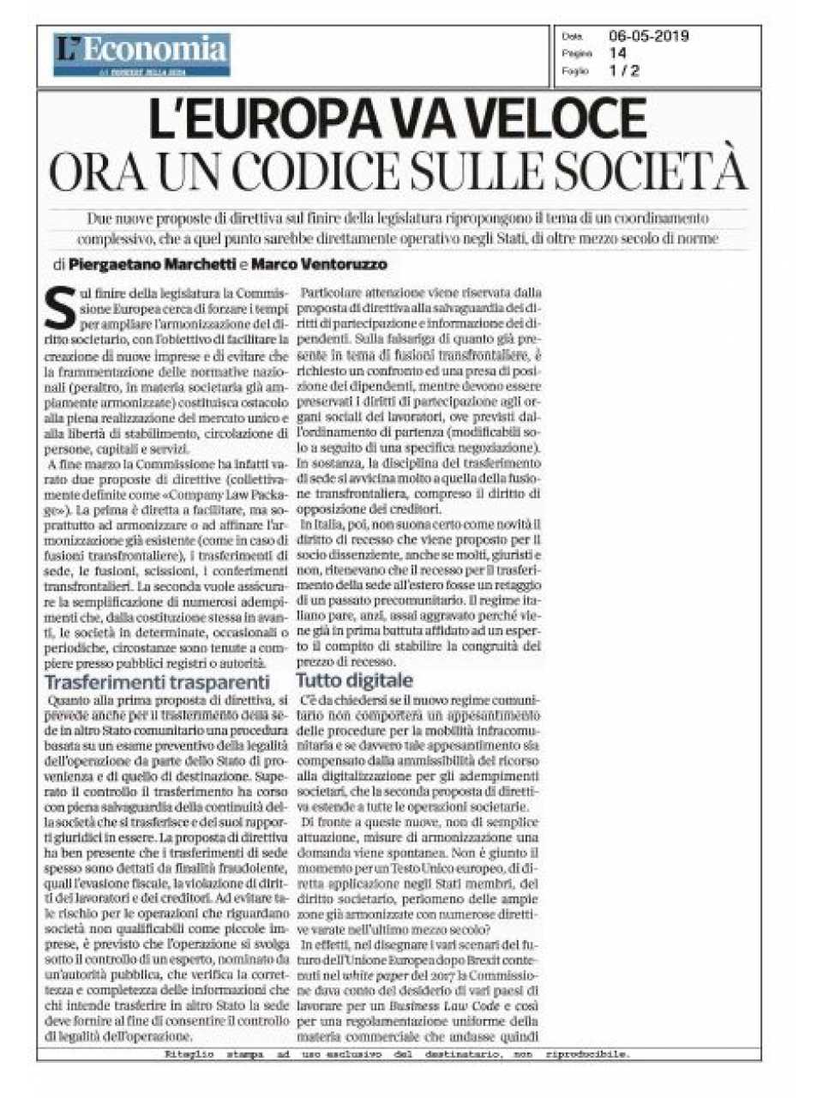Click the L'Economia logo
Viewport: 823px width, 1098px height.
(141, 53)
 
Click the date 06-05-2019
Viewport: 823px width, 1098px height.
(648, 36)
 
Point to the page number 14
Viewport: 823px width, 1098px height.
(617, 53)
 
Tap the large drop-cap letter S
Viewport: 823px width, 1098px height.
(59, 310)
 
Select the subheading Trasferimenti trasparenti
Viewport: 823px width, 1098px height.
(157, 683)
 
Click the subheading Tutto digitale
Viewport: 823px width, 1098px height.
(354, 681)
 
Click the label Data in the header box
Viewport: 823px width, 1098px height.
(572, 37)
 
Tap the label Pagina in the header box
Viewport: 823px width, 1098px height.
(574, 54)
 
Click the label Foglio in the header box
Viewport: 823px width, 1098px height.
(574, 71)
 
